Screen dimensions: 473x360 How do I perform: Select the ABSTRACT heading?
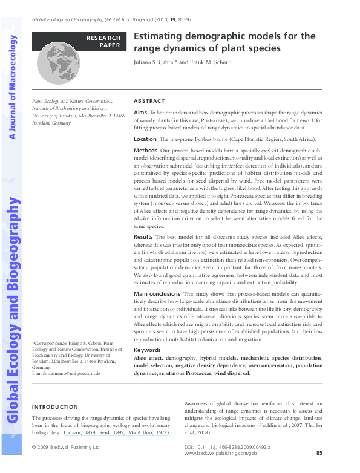point(149,101)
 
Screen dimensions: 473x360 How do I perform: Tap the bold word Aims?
point(140,113)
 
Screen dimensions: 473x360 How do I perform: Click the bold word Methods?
point(145,149)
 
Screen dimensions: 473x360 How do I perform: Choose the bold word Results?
point(143,236)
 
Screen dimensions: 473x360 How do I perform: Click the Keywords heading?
point(147,350)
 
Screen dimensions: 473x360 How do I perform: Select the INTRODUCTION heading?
point(55,407)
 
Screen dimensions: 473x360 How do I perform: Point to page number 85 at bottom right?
point(320,452)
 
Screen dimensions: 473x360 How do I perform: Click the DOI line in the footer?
point(226,446)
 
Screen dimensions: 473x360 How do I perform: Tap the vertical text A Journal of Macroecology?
point(13,86)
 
